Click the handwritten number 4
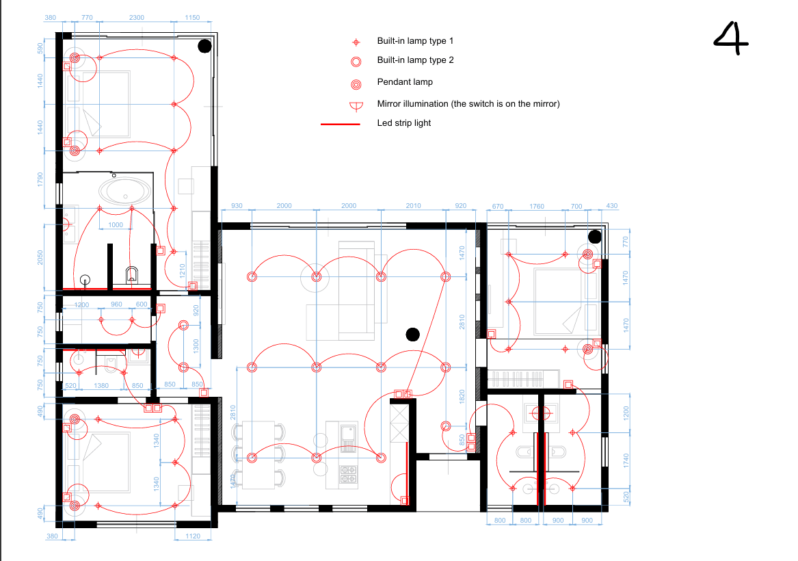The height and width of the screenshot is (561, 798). pos(732,39)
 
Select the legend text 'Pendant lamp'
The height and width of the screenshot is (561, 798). pos(405,82)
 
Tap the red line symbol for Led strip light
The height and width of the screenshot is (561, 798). pos(340,124)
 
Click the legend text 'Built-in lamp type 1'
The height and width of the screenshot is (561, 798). pos(415,41)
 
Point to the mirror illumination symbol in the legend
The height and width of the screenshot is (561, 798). pos(356,107)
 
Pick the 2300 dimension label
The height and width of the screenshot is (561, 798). pos(136,17)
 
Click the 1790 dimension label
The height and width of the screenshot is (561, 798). pos(40,179)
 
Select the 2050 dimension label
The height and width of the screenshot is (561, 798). pos(40,258)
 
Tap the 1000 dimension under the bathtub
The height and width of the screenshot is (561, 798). pos(116,225)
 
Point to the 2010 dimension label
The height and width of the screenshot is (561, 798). pos(413,206)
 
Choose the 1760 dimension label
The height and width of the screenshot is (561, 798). pos(536,206)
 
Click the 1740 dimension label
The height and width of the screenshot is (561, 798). pos(626,460)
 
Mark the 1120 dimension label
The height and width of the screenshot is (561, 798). pos(193,536)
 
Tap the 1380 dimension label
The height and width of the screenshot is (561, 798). pos(101,386)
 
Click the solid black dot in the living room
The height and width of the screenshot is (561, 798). pos(413,335)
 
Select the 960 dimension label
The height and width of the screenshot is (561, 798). pos(116,304)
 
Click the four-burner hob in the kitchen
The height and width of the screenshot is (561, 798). pos(348,474)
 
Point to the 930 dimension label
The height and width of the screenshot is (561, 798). pos(237,206)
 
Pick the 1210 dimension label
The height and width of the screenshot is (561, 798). pos(182,270)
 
